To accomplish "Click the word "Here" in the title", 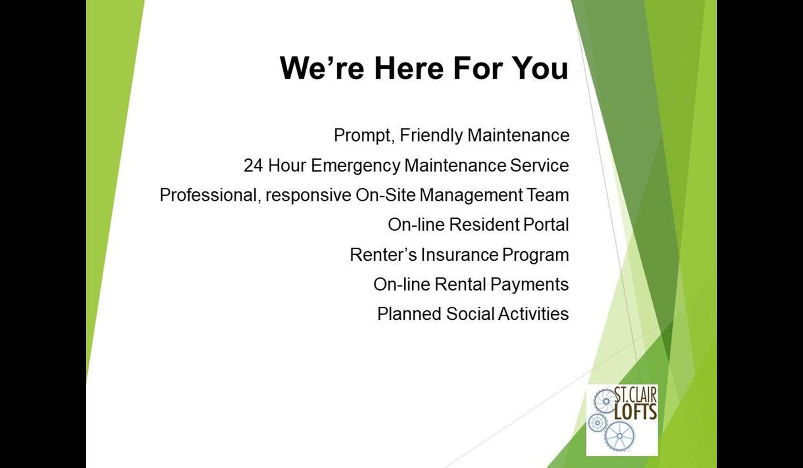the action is click(x=409, y=68).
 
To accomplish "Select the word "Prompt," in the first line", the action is click(x=364, y=136).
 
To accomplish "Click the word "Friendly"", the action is click(x=431, y=136).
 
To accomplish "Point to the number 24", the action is click(x=253, y=166).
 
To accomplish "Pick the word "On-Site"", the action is click(x=385, y=195).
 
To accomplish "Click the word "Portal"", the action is click(x=546, y=225).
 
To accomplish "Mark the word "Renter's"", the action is click(x=383, y=255).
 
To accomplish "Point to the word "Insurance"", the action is click(x=460, y=255).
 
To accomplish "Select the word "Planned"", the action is click(x=409, y=314).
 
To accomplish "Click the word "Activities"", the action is click(x=533, y=314).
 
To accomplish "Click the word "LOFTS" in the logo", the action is click(x=636, y=412).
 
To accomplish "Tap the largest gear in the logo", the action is click(x=619, y=436).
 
